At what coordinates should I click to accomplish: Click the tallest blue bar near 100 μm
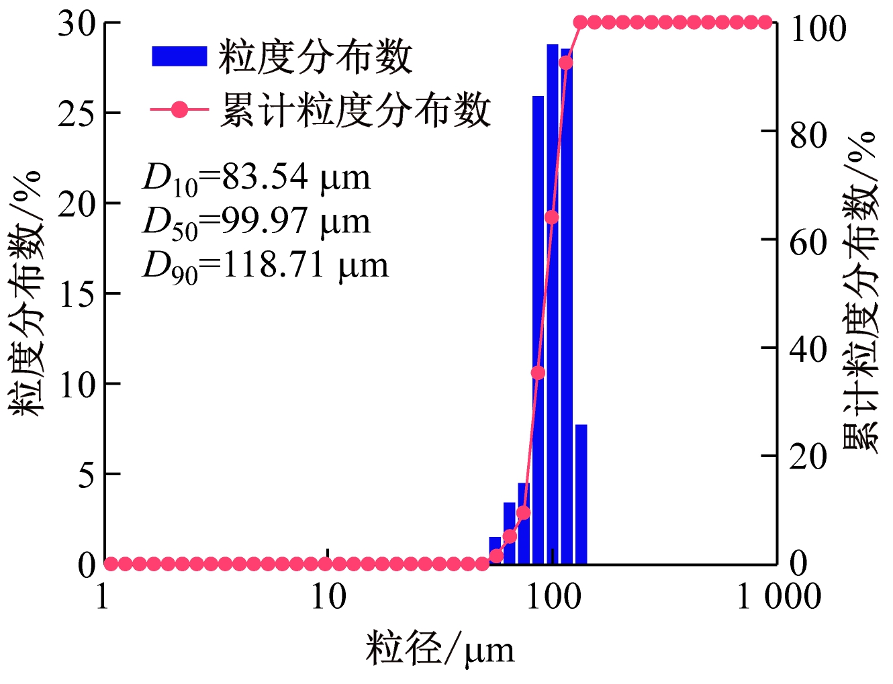pyautogui.click(x=553, y=302)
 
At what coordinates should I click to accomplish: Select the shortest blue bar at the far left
pyautogui.click(x=496, y=550)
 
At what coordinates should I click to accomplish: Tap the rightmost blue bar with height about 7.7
pyautogui.click(x=581, y=494)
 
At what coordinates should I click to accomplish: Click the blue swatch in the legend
pyautogui.click(x=179, y=56)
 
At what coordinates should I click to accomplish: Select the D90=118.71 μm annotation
pyautogui.click(x=265, y=266)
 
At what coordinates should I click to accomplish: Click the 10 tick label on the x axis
pyautogui.click(x=328, y=597)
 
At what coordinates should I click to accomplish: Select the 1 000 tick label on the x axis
pyautogui.click(x=779, y=597)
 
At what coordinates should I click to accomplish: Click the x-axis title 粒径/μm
pyautogui.click(x=440, y=649)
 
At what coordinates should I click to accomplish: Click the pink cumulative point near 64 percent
pyautogui.click(x=551, y=217)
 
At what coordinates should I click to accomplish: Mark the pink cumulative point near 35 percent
pyautogui.click(x=538, y=373)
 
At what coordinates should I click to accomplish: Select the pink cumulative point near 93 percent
pyautogui.click(x=566, y=63)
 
